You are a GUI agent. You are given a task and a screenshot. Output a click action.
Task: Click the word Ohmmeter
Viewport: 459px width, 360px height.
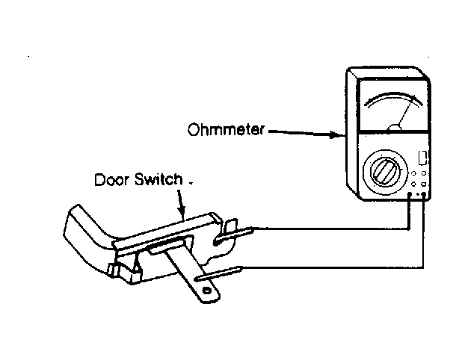(226, 129)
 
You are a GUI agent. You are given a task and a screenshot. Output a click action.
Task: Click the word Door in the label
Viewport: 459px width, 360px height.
(111, 179)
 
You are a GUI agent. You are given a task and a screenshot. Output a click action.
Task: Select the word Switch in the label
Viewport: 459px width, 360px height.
(158, 179)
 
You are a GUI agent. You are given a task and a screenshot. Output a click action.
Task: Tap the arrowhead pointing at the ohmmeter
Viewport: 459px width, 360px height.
(336, 135)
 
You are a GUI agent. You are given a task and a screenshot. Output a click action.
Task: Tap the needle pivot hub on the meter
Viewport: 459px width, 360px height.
(394, 128)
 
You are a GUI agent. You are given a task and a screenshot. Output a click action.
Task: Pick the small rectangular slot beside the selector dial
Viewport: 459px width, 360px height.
(422, 158)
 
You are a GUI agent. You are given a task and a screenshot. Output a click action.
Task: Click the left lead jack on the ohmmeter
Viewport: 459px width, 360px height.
(410, 194)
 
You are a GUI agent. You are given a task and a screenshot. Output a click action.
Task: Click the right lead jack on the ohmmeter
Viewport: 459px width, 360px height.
(423, 194)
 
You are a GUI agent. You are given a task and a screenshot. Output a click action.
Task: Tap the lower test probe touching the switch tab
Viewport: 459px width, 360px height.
(219, 273)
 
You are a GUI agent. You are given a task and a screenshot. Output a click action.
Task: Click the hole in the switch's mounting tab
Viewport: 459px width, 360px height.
(207, 291)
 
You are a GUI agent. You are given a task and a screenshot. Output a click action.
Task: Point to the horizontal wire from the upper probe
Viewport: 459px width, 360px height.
(330, 229)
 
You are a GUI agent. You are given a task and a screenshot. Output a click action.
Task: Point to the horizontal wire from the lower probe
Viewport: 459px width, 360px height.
(333, 267)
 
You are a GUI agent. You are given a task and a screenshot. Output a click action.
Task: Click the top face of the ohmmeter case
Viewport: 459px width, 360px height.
(388, 72)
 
